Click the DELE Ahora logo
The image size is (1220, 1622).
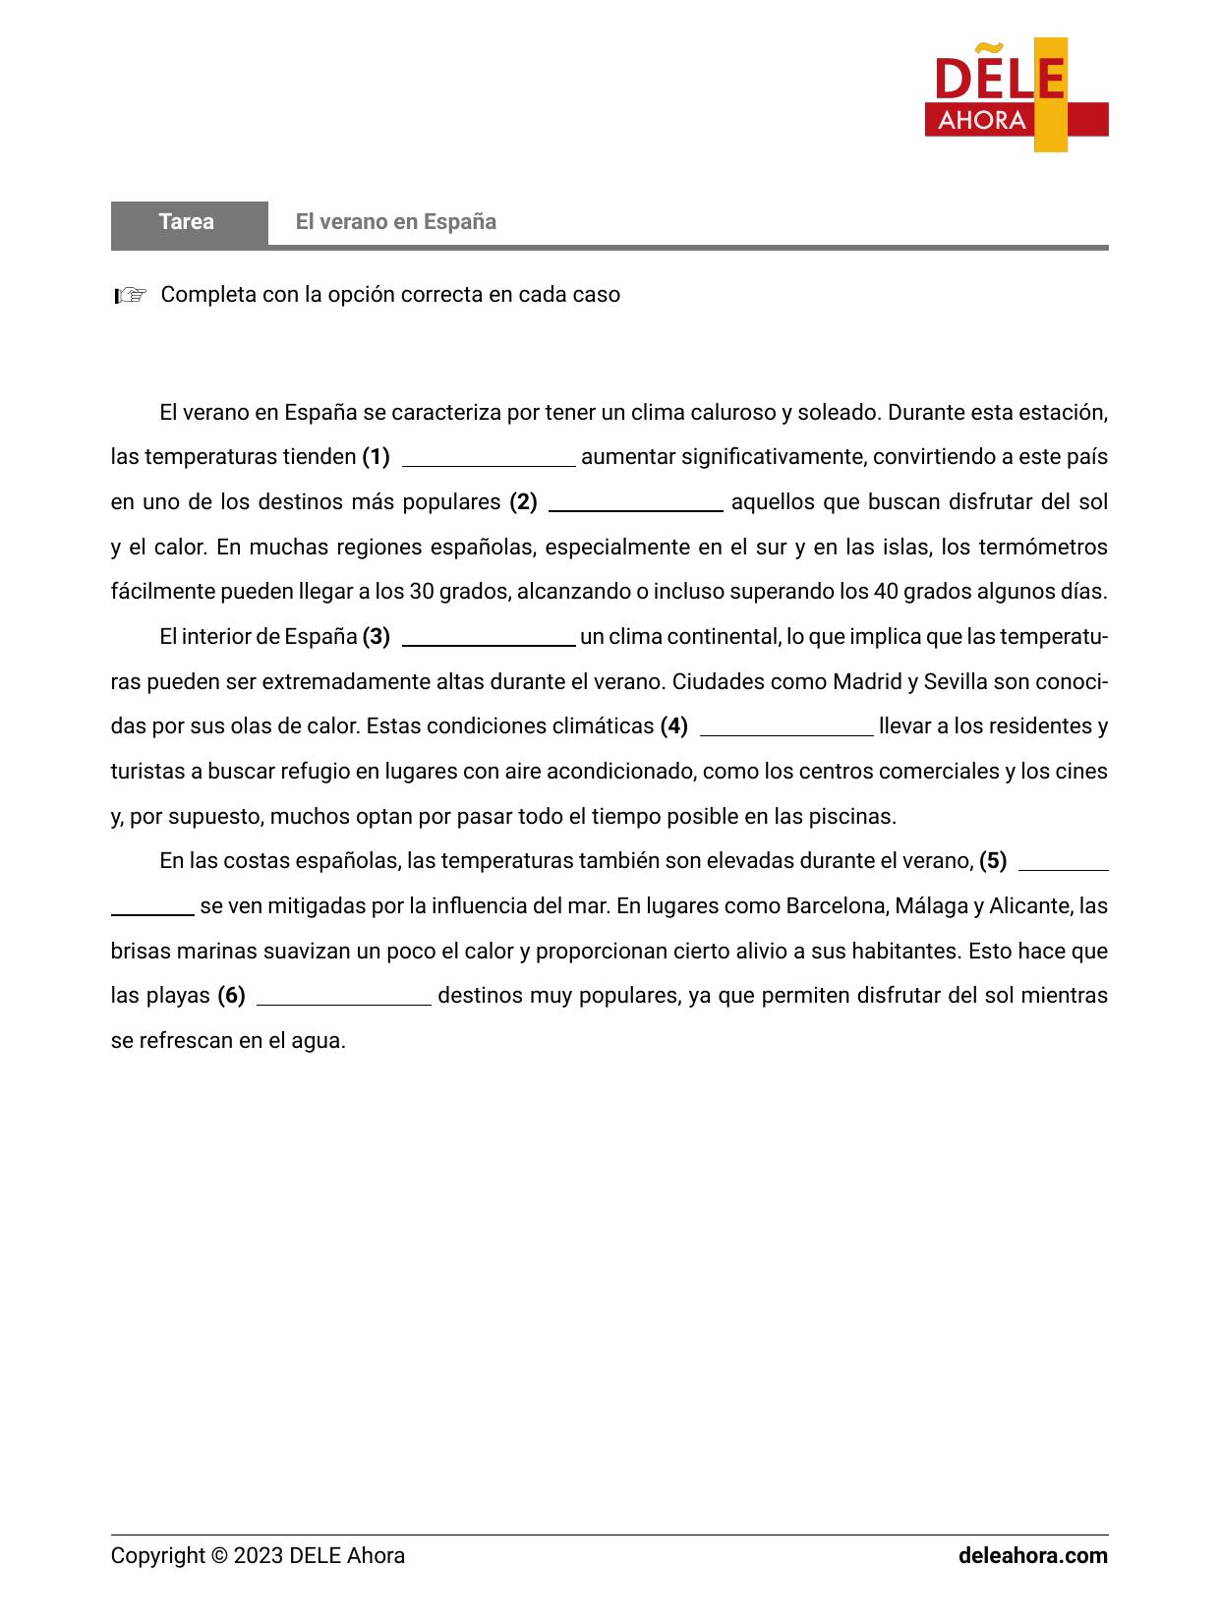tap(1016, 95)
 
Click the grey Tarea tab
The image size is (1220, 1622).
tap(188, 222)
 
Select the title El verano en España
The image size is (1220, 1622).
tap(395, 222)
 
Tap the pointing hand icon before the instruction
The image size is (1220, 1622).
tap(130, 295)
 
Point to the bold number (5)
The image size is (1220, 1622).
tap(993, 861)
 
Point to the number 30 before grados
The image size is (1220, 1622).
tap(421, 592)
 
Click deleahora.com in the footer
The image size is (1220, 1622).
tap(1032, 1556)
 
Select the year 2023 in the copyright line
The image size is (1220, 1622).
tap(259, 1556)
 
